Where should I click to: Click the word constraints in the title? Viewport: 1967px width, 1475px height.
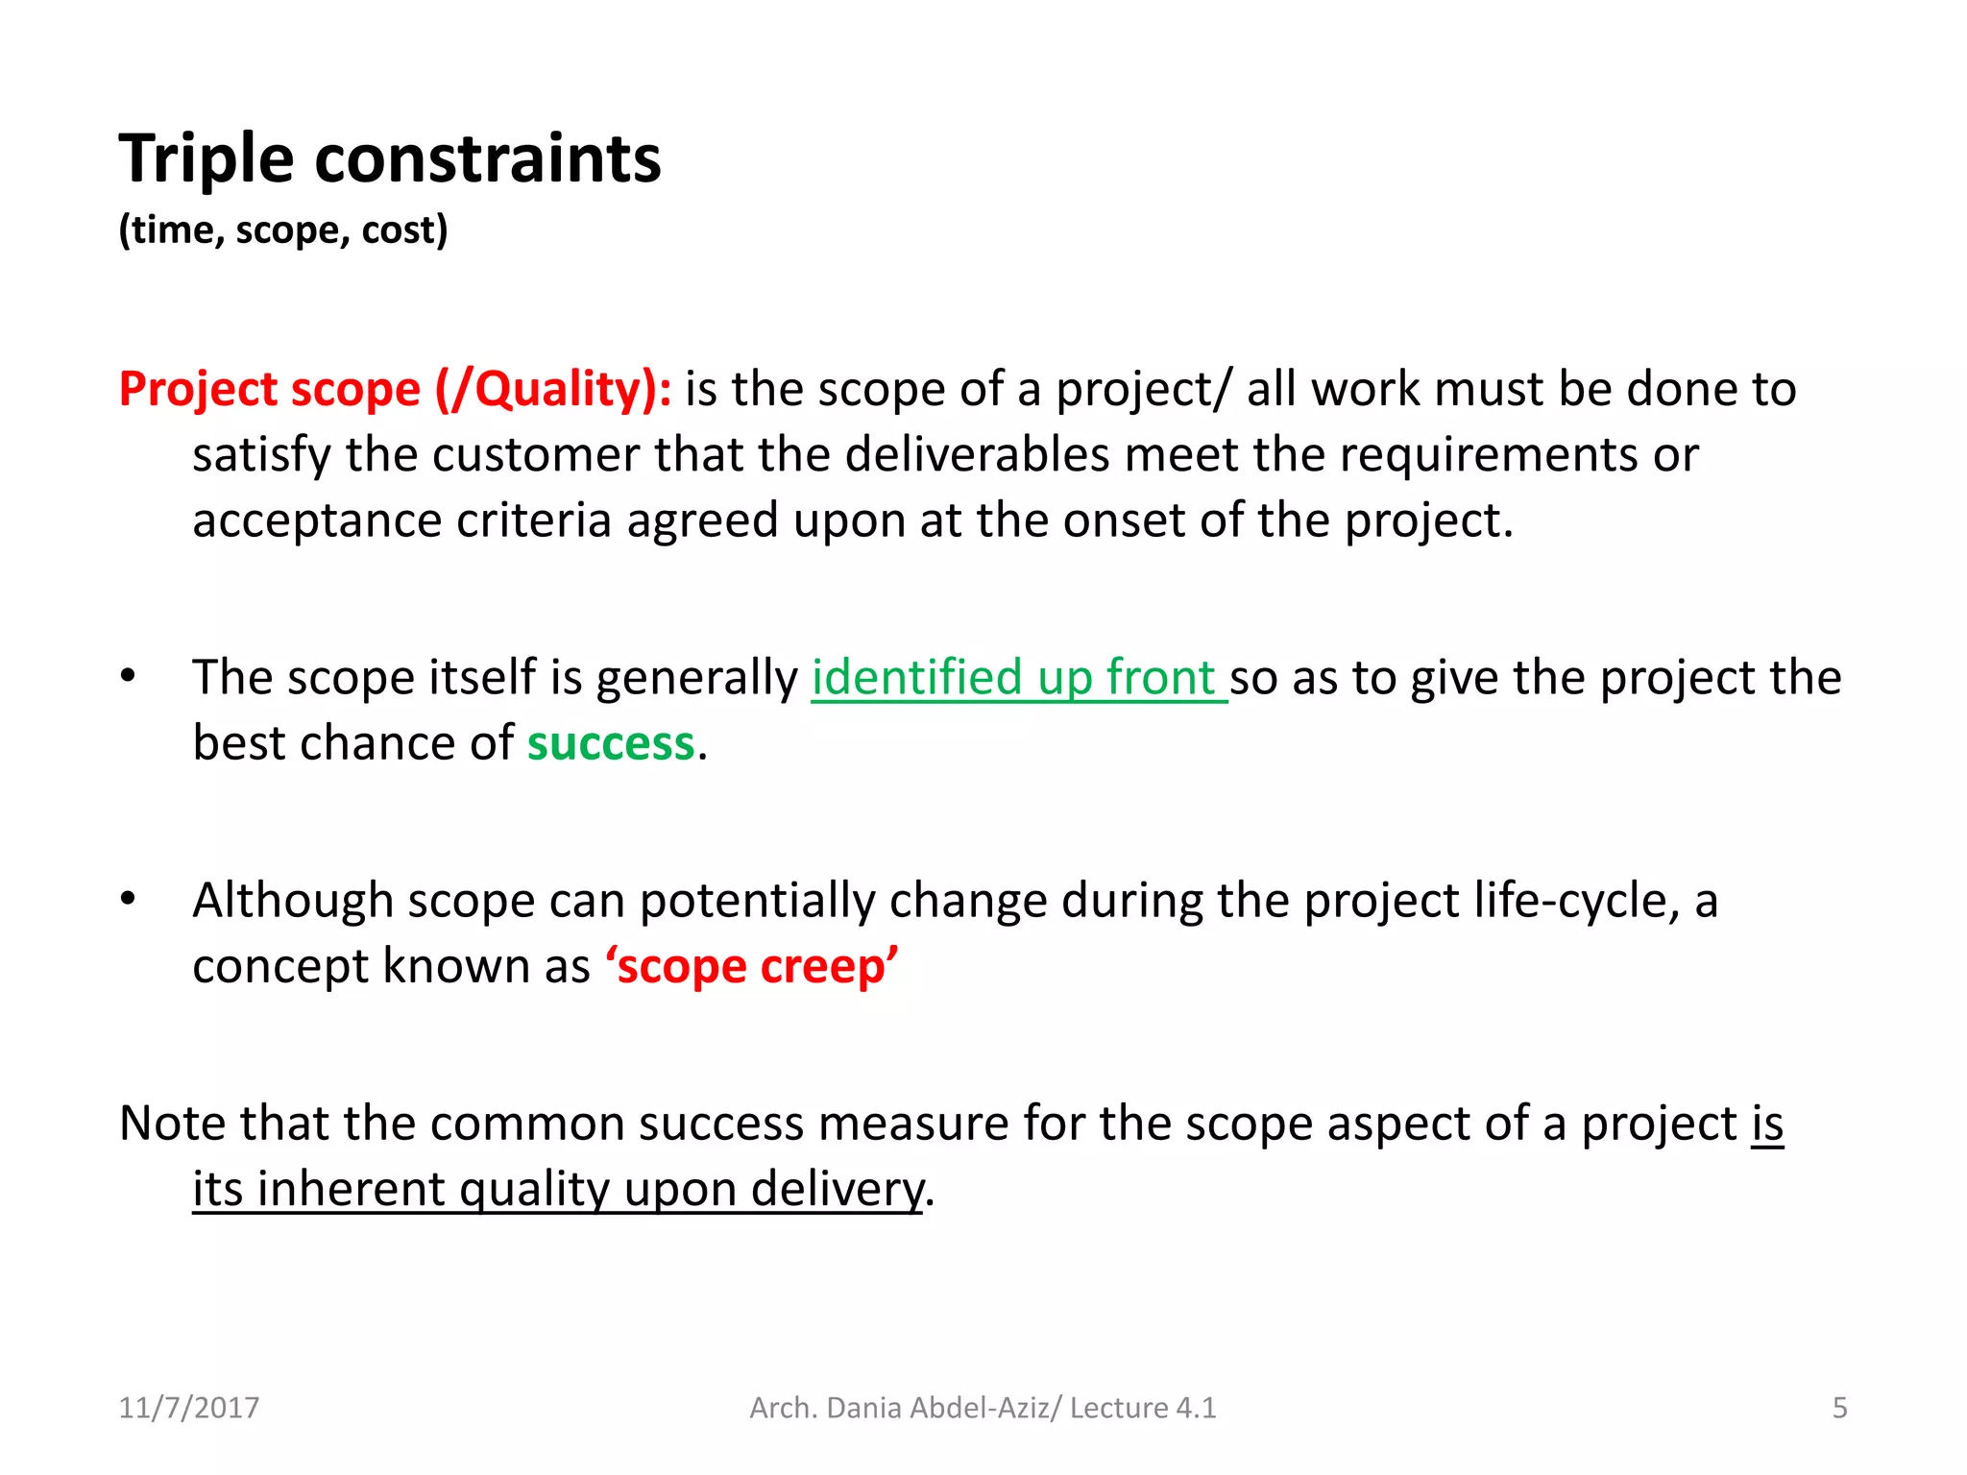(487, 158)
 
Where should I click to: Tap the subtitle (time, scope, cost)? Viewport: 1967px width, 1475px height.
(282, 230)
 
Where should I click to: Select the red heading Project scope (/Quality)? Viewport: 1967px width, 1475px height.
(395, 390)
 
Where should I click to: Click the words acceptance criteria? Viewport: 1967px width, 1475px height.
(401, 521)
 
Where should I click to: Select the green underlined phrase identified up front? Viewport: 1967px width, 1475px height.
(1017, 678)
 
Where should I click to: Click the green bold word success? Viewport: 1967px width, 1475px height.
(610, 743)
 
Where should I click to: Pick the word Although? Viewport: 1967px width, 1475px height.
(293, 901)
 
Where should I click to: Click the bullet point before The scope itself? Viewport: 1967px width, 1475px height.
(129, 676)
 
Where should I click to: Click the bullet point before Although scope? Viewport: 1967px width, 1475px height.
(129, 899)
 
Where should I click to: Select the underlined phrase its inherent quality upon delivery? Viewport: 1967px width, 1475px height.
(557, 1189)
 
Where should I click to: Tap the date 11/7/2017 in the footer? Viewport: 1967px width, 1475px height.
(188, 1408)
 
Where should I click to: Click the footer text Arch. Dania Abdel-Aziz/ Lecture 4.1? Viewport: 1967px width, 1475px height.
(982, 1408)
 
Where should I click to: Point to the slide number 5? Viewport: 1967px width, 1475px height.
(1839, 1408)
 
